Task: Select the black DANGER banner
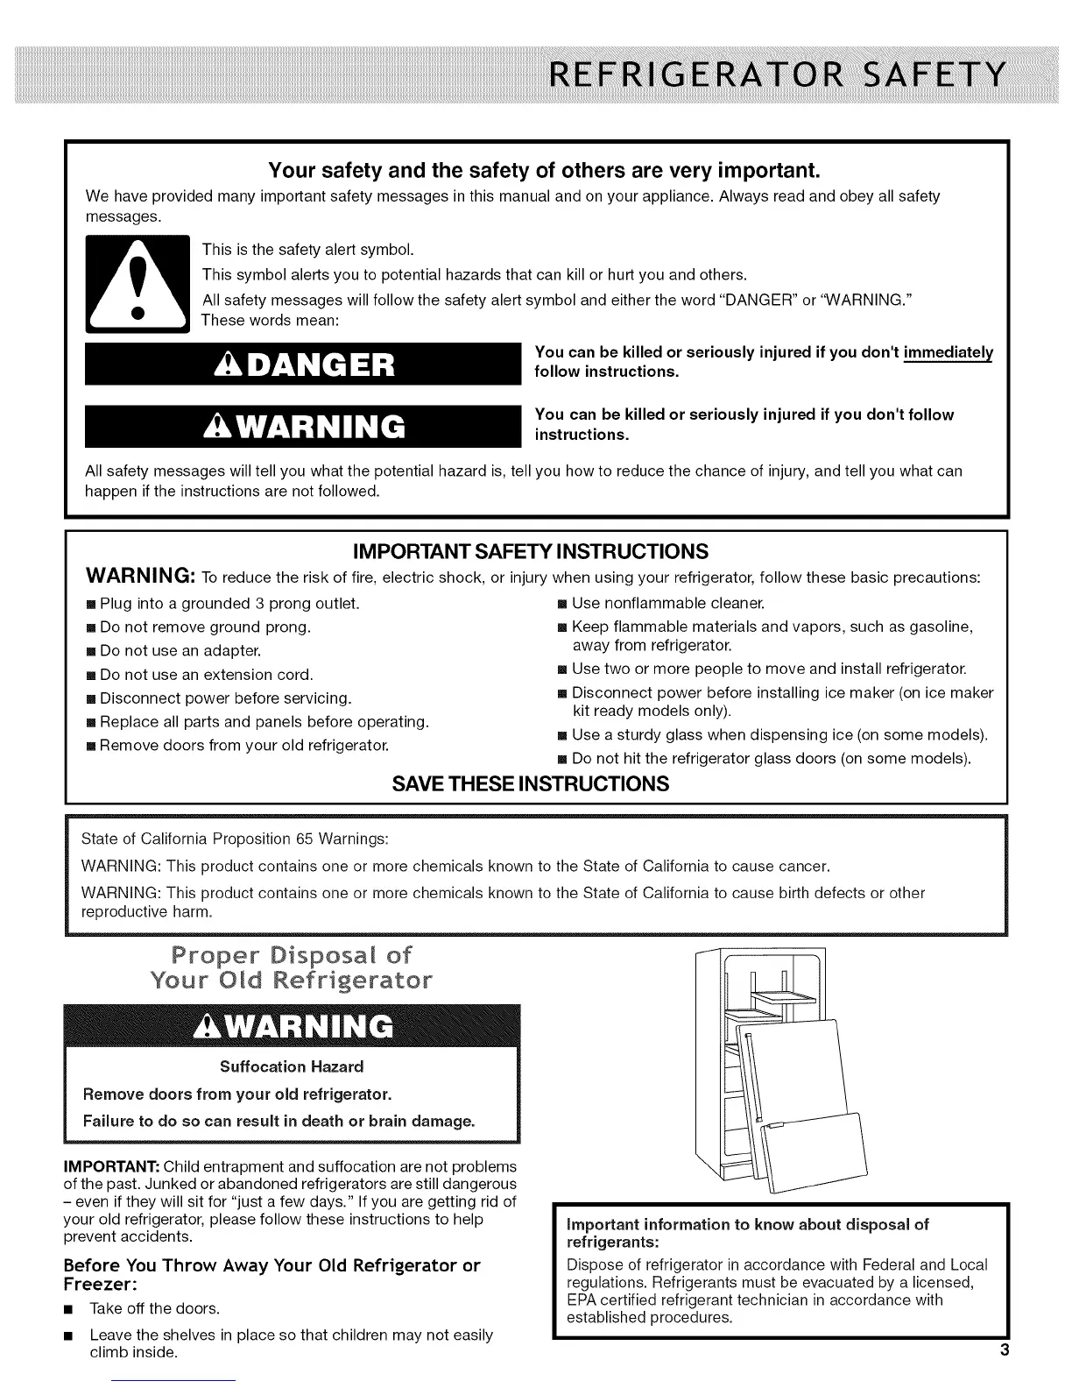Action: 298,363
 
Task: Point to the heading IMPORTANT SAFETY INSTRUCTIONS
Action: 530,551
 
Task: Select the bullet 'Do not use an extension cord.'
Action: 206,675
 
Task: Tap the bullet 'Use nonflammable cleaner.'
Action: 667,603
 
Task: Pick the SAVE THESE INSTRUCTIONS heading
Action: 531,783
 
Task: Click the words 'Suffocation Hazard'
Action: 291,1066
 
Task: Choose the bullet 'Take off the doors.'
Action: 154,1308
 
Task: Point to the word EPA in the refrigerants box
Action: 581,1299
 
